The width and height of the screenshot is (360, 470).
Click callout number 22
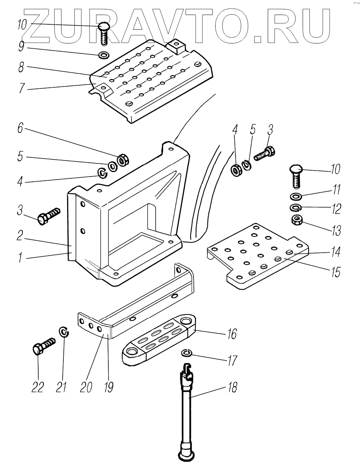pyautogui.click(x=37, y=387)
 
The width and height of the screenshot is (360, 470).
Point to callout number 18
pyautogui.click(x=232, y=387)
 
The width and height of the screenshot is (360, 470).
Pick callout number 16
pyautogui.click(x=232, y=334)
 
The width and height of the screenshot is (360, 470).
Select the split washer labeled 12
pyautogui.click(x=295, y=208)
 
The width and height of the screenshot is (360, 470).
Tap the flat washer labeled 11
pyautogui.click(x=295, y=196)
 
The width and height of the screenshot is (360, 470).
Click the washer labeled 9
pyautogui.click(x=104, y=55)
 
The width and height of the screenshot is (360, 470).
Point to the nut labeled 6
pyautogui.click(x=123, y=160)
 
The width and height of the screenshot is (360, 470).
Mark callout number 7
pyautogui.click(x=21, y=88)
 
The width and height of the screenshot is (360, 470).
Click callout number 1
pyautogui.click(x=20, y=257)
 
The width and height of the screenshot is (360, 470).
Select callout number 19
pyautogui.click(x=109, y=387)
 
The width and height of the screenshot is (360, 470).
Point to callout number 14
pyautogui.click(x=336, y=252)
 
